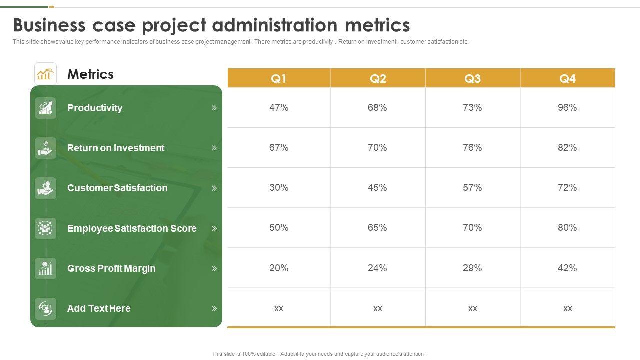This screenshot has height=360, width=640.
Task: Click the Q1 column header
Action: click(x=278, y=78)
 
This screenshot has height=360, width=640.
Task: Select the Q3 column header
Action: click(x=472, y=78)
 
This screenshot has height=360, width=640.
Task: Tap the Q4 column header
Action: click(x=567, y=78)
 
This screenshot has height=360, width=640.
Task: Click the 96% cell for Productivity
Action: click(x=567, y=107)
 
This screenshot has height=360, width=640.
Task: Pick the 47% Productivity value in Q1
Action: click(x=278, y=107)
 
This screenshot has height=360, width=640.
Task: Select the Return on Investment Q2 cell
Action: click(x=377, y=147)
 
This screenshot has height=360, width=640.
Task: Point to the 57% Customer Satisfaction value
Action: click(x=472, y=187)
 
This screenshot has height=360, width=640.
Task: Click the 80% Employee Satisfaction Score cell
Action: click(x=567, y=227)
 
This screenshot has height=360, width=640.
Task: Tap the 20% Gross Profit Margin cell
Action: click(x=278, y=268)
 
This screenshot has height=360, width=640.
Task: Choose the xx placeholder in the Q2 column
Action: click(x=377, y=308)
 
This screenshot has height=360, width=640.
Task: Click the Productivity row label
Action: click(x=95, y=108)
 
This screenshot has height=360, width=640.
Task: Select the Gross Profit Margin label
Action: click(x=111, y=268)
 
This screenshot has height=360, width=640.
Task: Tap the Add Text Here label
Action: click(x=99, y=308)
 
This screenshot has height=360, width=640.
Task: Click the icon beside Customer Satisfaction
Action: click(x=45, y=188)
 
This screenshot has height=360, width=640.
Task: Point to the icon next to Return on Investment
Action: click(x=45, y=148)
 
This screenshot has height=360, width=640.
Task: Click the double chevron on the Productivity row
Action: click(x=214, y=108)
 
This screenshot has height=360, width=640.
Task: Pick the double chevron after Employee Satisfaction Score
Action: click(x=214, y=228)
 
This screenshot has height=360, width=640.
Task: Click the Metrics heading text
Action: click(x=90, y=74)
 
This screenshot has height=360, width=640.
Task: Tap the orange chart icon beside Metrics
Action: click(x=45, y=74)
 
